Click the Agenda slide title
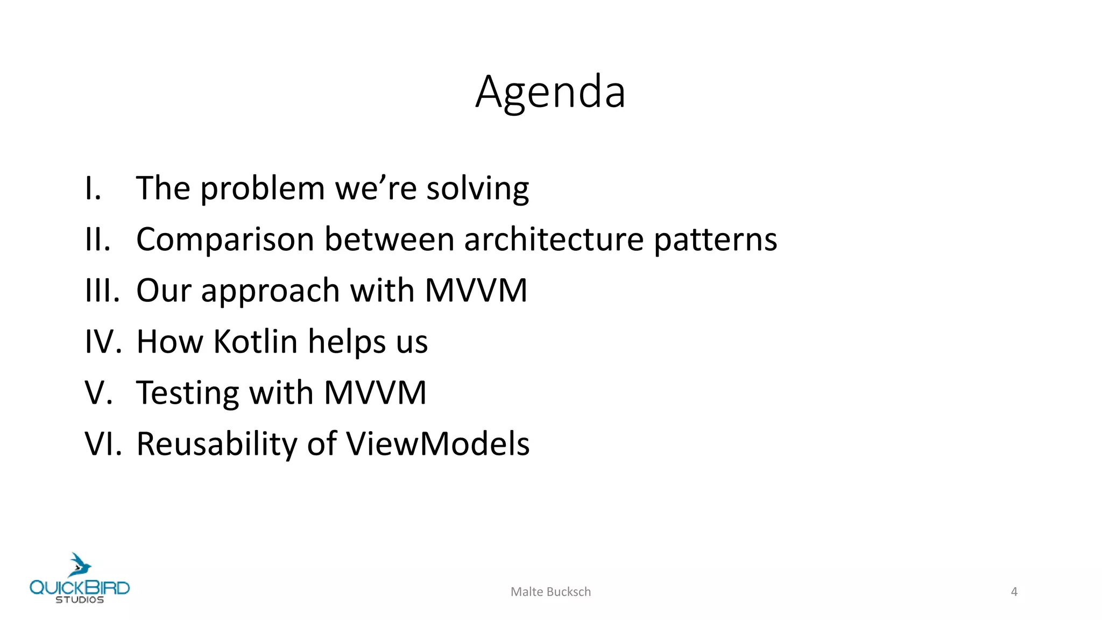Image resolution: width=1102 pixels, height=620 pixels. tap(550, 92)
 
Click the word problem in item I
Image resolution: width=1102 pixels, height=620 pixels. tap(263, 189)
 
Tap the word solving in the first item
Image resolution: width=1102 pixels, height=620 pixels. tap(478, 189)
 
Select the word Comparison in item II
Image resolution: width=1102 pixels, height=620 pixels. tap(225, 240)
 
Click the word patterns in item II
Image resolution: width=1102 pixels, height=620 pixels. tap(715, 240)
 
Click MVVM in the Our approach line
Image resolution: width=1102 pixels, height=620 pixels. tap(476, 291)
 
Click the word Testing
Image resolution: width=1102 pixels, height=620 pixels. tap(187, 393)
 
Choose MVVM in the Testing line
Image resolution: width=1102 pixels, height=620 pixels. tap(375, 393)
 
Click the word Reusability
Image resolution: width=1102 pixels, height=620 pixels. tap(216, 445)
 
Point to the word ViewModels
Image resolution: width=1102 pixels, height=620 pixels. tap(437, 444)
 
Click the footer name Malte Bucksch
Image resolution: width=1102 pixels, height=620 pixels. tap(550, 592)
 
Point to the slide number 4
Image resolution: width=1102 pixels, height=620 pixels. tap(1014, 592)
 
